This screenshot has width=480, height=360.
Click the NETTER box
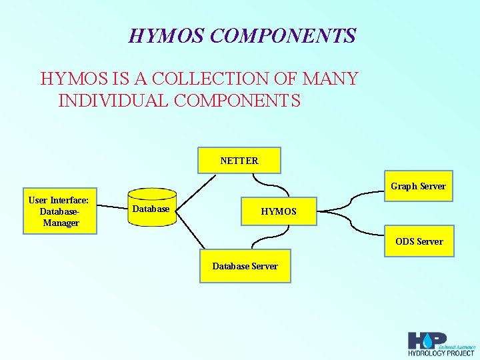pos(239,160)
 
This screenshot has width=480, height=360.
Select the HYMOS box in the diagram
pos(279,211)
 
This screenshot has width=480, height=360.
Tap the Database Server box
pos(245,266)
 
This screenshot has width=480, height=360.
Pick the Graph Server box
pos(418,186)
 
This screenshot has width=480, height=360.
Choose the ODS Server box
pos(419,241)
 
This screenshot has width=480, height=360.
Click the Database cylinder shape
pos(151,210)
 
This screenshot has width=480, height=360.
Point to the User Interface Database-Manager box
pos(60,211)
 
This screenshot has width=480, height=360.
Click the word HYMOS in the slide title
pos(167,35)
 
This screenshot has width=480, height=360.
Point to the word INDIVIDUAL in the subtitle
pos(106,101)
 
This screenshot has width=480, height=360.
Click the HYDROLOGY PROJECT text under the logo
pos(442,353)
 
